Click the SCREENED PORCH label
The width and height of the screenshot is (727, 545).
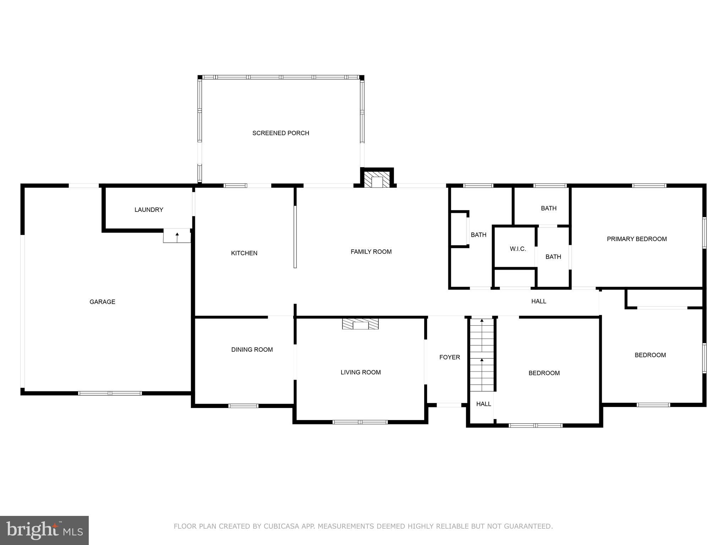pos(280,133)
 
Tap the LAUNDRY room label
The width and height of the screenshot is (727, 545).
pos(149,210)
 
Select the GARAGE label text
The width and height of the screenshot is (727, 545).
pos(102,302)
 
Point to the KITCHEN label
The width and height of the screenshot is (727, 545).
pos(244,253)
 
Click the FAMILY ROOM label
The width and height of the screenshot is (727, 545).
pos(371,252)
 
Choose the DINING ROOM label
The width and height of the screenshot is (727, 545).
pos(252,349)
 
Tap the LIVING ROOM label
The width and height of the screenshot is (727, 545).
pos(361,372)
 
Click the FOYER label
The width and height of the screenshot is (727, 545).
pos(449,357)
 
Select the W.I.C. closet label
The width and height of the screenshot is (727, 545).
pos(518,249)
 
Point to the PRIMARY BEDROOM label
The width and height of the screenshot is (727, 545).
pos(637,239)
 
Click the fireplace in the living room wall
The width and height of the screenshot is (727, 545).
pos(360,324)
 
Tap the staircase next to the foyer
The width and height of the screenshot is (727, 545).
pos(482,355)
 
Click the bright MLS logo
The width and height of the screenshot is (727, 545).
pos(44,530)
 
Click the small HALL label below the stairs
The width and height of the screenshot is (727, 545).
pos(483,404)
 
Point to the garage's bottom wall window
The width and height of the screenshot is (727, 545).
pos(110,393)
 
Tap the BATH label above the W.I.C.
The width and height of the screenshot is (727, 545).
pos(548,208)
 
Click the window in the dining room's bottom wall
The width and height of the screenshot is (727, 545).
pos(243,406)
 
